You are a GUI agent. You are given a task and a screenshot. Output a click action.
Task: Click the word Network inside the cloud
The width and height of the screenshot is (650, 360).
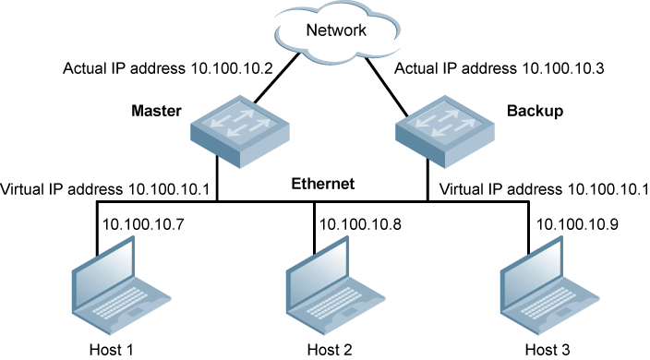(x=336, y=30)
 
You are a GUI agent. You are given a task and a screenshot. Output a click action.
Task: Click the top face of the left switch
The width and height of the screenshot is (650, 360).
(x=239, y=123)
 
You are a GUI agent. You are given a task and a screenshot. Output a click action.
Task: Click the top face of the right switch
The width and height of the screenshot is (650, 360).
(x=444, y=123)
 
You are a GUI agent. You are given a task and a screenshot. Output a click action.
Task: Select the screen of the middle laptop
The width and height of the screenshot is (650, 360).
(x=318, y=271)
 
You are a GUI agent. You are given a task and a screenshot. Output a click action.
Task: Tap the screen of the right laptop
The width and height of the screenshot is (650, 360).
(x=532, y=271)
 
